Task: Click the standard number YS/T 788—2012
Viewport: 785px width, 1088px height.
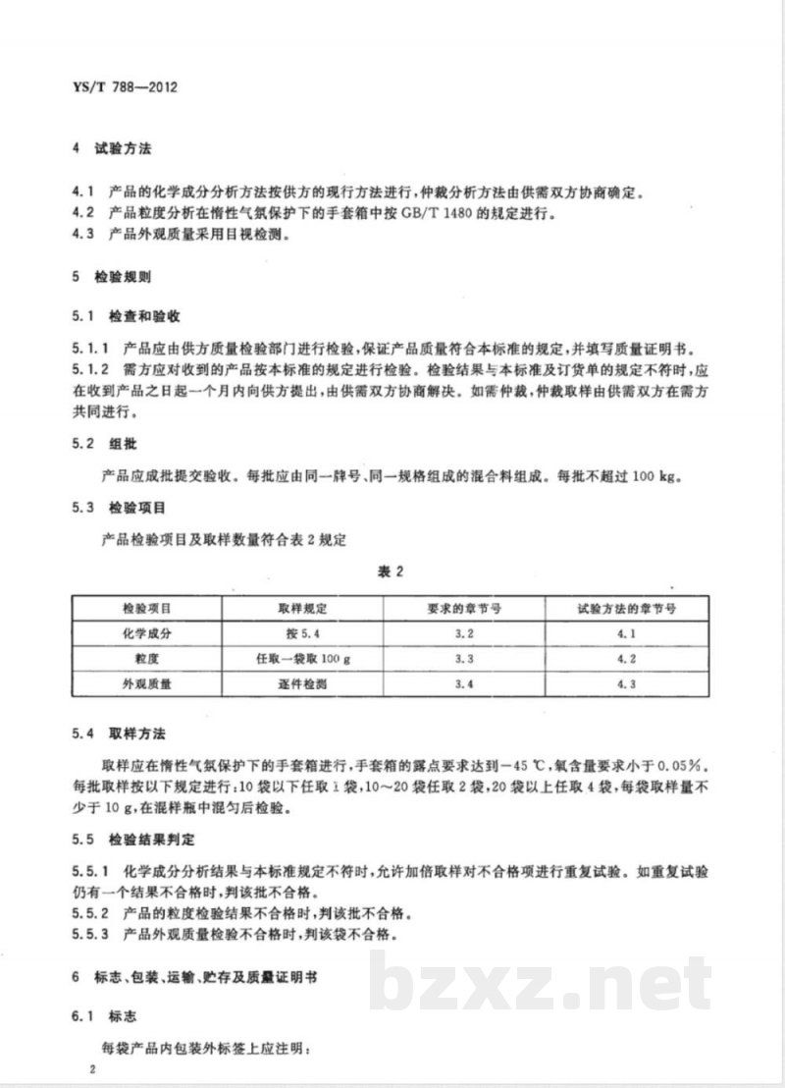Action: click(x=126, y=85)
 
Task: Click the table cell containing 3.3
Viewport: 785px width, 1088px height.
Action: click(x=465, y=660)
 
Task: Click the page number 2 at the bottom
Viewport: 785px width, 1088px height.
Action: click(x=90, y=1068)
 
